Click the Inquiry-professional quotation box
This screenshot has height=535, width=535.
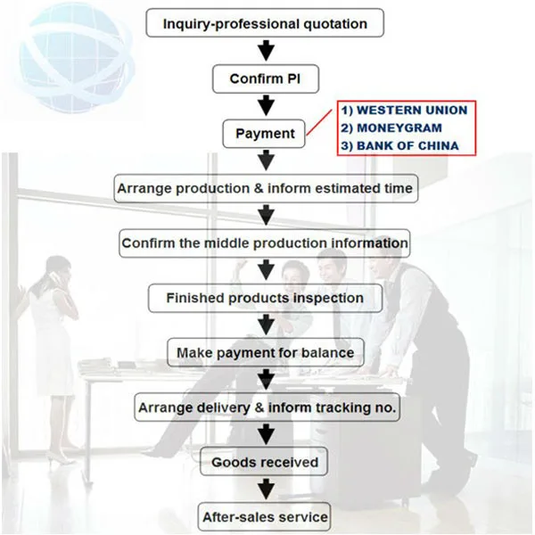click(265, 23)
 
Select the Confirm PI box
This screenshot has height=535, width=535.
click(266, 78)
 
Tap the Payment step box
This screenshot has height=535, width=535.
click(264, 134)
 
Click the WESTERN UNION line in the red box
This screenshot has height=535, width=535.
click(404, 111)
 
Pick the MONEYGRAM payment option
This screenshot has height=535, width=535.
click(391, 128)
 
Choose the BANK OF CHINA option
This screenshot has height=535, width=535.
click(399, 145)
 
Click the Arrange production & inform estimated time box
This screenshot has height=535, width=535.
click(266, 188)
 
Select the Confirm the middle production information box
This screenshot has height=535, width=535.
click(265, 243)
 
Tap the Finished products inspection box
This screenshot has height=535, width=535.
click(265, 298)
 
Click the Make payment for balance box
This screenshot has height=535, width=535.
click(266, 352)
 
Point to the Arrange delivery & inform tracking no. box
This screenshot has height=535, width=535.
click(267, 407)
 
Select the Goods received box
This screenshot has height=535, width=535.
click(264, 462)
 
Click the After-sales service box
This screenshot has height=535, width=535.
click(265, 517)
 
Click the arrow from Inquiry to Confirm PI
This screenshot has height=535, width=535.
click(266, 51)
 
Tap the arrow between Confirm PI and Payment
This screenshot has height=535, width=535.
click(266, 105)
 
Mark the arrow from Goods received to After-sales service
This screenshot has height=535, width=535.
click(266, 489)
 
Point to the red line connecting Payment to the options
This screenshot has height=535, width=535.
click(319, 122)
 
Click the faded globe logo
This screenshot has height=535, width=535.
click(73, 58)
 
